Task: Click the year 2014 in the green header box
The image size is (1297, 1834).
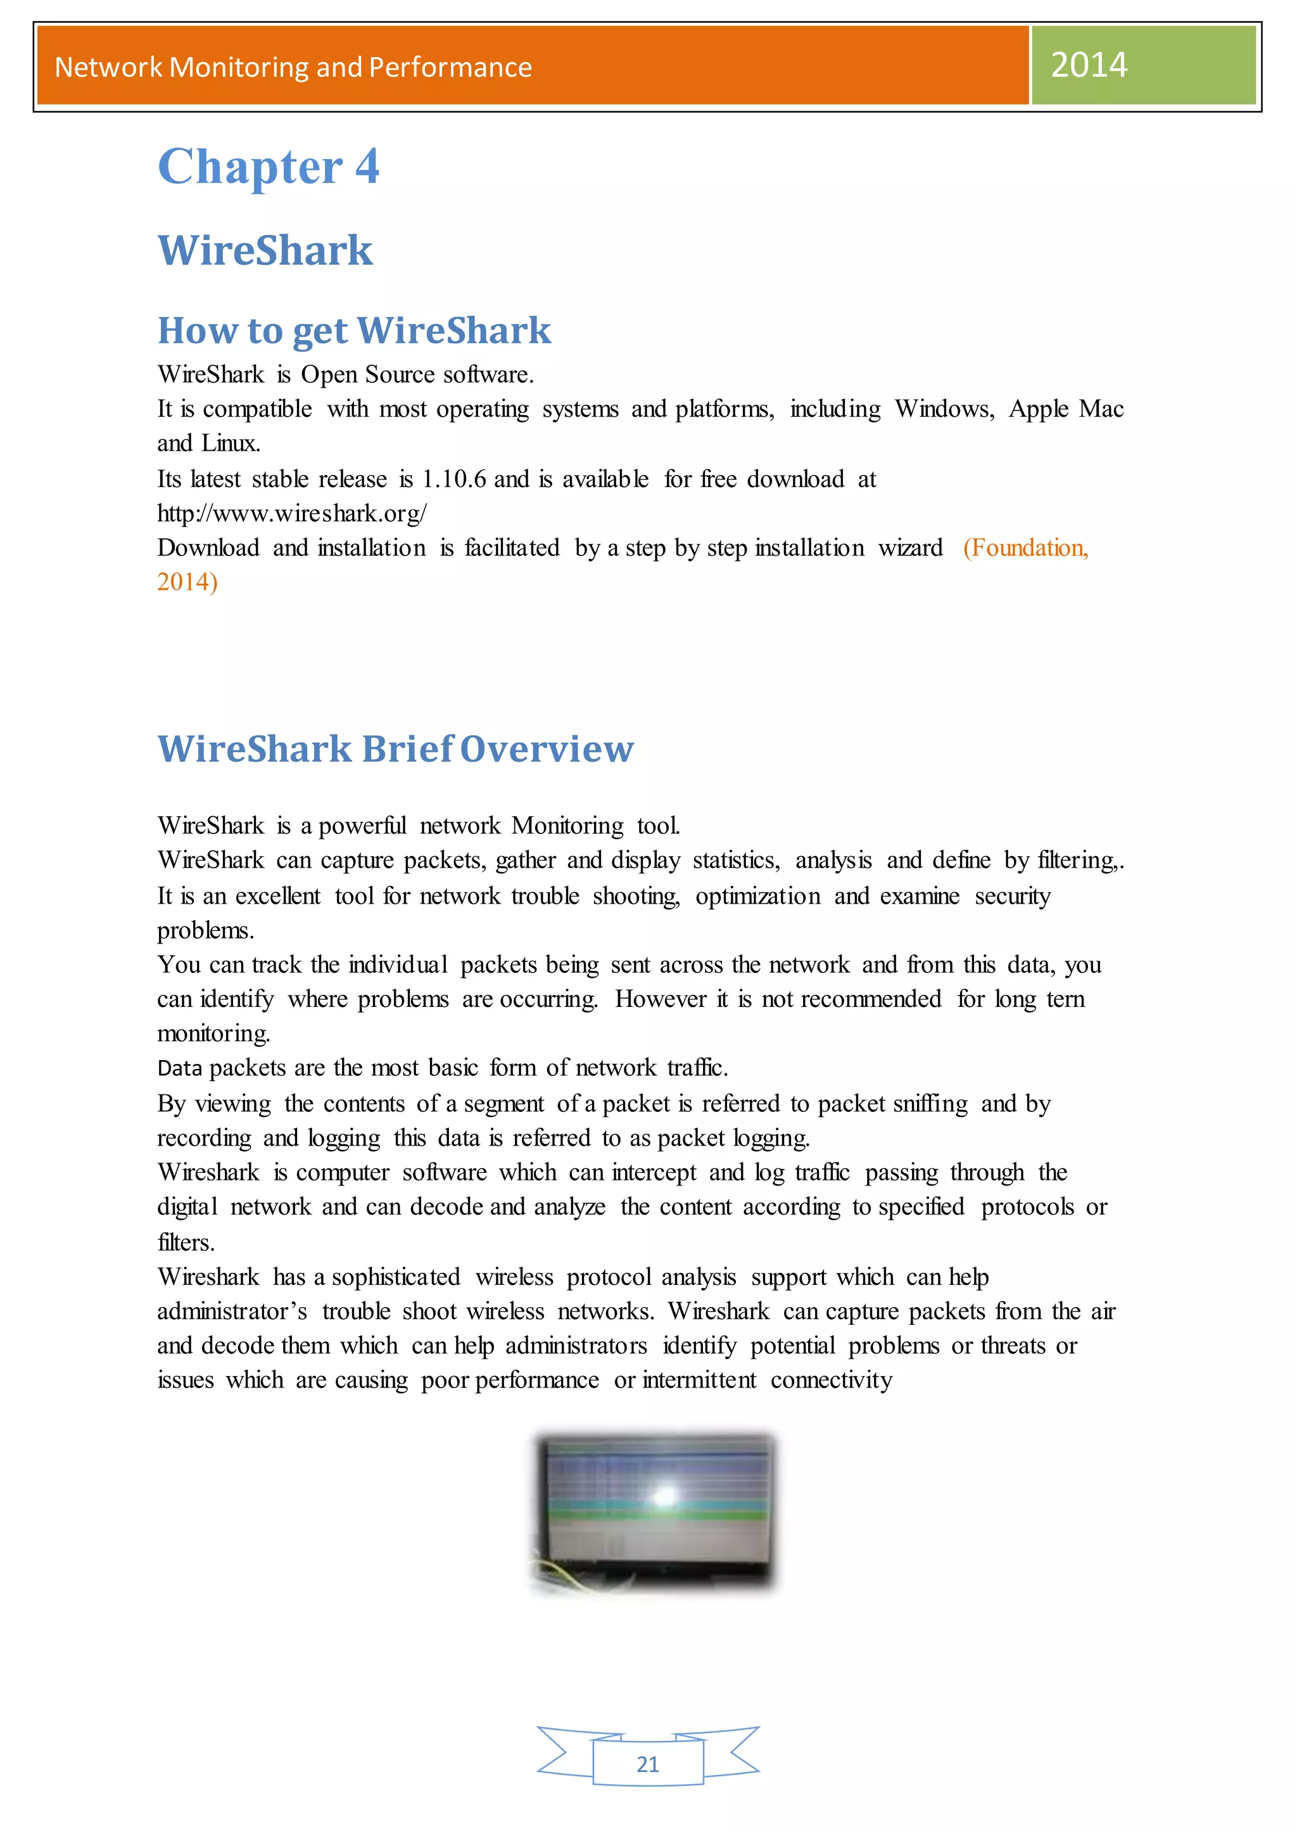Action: [1089, 65]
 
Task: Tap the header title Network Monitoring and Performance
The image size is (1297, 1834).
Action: [293, 67]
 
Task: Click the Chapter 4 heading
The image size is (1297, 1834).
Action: [269, 167]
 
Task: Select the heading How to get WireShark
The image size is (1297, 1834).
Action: [354, 331]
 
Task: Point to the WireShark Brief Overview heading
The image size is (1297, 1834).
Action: [395, 749]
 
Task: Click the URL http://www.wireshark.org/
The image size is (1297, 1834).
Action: [291, 514]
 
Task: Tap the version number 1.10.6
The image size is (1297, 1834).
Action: [453, 479]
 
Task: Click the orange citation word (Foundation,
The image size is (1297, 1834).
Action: [1025, 548]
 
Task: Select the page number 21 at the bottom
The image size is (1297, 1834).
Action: [648, 1764]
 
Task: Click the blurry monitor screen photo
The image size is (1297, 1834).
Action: [654, 1513]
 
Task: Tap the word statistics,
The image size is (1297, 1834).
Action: [735, 860]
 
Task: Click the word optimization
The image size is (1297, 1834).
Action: [757, 896]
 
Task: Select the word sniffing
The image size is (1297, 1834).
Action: [930, 1104]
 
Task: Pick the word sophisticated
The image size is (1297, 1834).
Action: [395, 1277]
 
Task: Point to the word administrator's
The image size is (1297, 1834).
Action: [232, 1312]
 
